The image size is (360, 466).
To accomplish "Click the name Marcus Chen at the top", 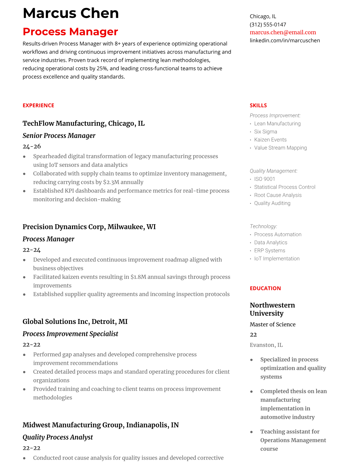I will click(x=71, y=14).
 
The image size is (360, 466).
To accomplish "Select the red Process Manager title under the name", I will click(x=70, y=32).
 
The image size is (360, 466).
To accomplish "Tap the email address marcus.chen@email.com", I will click(x=283, y=32).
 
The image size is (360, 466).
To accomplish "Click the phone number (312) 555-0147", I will click(x=268, y=24).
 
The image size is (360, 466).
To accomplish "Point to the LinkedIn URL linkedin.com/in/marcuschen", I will click(x=285, y=40).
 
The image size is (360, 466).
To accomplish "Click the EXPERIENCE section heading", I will click(x=38, y=105).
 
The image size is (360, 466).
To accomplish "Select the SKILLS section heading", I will click(x=258, y=105).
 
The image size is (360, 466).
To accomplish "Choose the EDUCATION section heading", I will click(x=265, y=288).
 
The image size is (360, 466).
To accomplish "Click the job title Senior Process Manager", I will click(x=59, y=136).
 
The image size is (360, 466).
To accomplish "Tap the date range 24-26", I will click(x=31, y=146).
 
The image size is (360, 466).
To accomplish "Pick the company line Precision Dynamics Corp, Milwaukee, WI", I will click(x=89, y=227).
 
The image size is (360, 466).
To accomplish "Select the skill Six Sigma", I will click(x=265, y=132).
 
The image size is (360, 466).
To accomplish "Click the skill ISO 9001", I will click(x=264, y=179).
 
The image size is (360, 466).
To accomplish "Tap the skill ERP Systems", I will click(x=269, y=250).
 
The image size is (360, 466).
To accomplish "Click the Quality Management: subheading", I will click(x=274, y=171).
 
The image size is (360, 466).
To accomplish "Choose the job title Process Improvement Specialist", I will click(x=70, y=334).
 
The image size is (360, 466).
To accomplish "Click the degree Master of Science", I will click(x=272, y=324).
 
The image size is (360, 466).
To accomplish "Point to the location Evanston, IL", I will click(x=266, y=345).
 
